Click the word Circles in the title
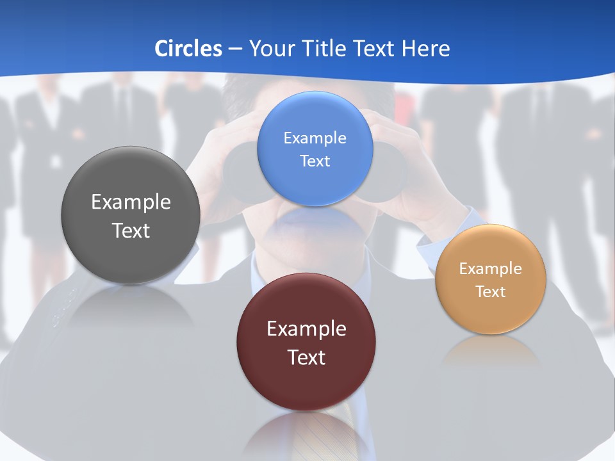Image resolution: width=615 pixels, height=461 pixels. pos(188,49)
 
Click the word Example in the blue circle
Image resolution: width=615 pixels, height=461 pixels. pos(315,138)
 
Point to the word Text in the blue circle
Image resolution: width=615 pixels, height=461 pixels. pos(315,161)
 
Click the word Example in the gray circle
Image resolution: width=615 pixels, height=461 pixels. pos(131,202)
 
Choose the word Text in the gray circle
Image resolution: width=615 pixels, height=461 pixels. pos(131,230)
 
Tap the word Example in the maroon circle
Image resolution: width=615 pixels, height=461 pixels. pos(306,329)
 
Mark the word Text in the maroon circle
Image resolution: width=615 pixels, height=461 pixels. pos(306,357)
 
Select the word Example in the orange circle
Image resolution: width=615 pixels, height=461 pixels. pos(491,269)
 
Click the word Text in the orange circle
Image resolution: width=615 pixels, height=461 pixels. pos(491,292)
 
